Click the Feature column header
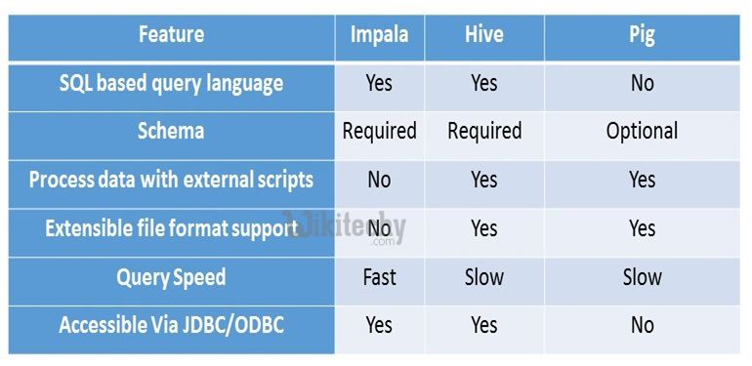[171, 35]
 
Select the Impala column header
[379, 35]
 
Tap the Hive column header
[484, 35]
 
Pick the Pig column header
[642, 35]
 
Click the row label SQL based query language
[171, 84]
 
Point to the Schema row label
[171, 132]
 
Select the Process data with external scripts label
[171, 181]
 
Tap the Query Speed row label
[171, 277]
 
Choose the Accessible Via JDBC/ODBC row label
[171, 325]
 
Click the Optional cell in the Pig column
[642, 132]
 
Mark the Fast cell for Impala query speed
[379, 277]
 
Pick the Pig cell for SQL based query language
[642, 84]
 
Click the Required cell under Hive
[484, 132]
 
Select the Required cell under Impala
[379, 132]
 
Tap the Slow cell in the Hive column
[484, 277]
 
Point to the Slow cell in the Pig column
[642, 277]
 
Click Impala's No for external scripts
[379, 181]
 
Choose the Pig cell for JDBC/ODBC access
[642, 325]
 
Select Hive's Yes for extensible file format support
[484, 228]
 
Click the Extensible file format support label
[171, 228]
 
